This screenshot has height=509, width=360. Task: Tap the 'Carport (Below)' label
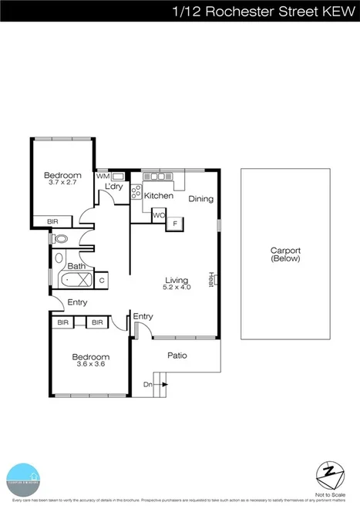pos(285,254)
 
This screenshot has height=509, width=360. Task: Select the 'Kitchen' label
pos(159,196)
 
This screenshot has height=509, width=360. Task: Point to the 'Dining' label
pos(200,198)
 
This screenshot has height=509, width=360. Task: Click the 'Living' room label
pos(177,280)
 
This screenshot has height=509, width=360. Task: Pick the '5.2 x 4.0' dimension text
pos(177,288)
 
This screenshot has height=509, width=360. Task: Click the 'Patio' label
pos(178,356)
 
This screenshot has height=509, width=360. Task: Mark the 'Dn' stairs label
pos(147,384)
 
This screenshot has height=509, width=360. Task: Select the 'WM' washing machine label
pos(102,176)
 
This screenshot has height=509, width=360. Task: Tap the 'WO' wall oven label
pos(157,216)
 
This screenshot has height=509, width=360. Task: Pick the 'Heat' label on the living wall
pos(210,278)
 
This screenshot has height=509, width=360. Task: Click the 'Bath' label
pos(76,267)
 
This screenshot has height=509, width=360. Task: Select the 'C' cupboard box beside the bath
pos(101,281)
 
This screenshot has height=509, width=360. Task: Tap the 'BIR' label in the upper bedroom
pos(52,222)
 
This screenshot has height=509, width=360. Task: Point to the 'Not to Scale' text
pos(329,494)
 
